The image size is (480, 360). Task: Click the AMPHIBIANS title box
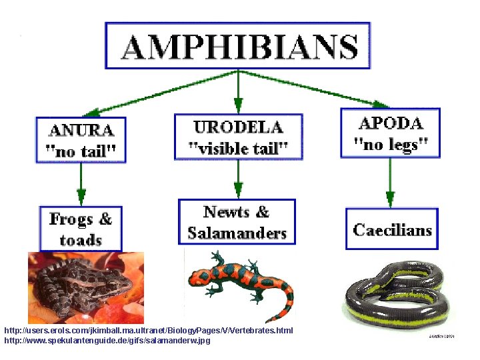(237, 45)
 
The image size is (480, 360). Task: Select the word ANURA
(81, 129)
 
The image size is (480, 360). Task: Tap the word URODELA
(238, 127)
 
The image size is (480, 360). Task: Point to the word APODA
(391, 123)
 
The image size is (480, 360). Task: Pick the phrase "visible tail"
(238, 148)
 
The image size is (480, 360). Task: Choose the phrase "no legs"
(391, 143)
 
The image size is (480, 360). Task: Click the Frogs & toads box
(81, 229)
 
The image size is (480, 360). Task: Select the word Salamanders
(237, 233)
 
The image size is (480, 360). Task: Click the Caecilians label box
(392, 230)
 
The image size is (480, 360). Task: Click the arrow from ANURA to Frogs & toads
(81, 183)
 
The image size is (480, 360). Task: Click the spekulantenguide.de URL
(107, 341)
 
